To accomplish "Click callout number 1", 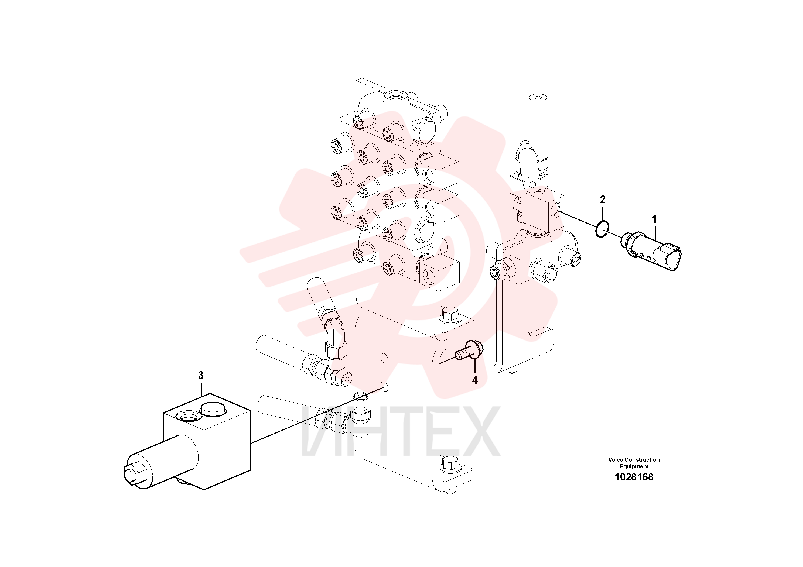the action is pos(654,219).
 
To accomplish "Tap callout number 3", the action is pos(201,375).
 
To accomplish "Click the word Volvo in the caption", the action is pos(616,460).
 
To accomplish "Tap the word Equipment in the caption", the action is pos(634,466).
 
